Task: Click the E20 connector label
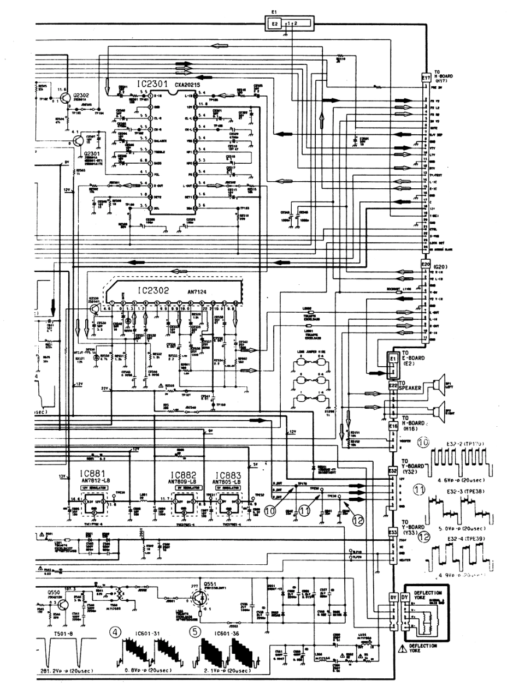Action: point(426,265)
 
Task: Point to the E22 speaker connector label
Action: point(393,385)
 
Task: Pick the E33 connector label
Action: point(392,531)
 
